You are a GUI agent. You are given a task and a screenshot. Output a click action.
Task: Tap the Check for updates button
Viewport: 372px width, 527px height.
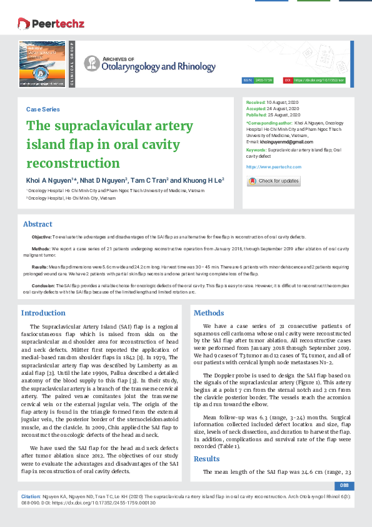273,181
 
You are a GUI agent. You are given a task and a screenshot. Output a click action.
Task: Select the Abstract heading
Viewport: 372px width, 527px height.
38,224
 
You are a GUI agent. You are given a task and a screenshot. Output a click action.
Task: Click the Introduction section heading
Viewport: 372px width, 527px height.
43,313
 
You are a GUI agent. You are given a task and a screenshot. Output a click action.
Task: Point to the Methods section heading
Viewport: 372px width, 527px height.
209,313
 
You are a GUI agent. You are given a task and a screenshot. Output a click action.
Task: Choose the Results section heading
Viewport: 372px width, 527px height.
207,441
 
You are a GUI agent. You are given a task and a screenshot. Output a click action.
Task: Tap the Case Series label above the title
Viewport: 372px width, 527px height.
43,109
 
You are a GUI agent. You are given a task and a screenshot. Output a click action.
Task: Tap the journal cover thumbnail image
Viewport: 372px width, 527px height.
42,63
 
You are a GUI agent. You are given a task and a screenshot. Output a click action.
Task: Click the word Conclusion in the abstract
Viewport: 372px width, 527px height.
43,285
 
